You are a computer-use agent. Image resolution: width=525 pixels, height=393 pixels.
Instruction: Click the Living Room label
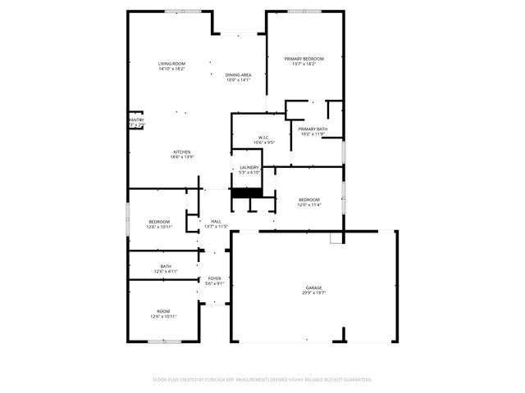coord(171,64)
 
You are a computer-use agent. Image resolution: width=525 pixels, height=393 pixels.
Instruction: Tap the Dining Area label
coord(238,75)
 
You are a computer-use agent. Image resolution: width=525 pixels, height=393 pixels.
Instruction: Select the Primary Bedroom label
coord(304,59)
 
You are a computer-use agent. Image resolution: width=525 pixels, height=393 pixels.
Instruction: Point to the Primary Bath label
coord(313,129)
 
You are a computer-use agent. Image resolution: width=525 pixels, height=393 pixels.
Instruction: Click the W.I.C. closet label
coord(264,138)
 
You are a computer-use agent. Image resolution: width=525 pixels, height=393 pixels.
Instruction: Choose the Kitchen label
coord(182,152)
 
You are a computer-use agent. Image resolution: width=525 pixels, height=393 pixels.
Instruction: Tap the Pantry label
coord(136,120)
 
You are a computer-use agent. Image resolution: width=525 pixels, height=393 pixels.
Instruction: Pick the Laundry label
coord(249,167)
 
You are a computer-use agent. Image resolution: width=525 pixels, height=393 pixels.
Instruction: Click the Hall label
coord(216,221)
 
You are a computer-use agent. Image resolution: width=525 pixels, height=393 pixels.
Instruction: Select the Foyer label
coord(214,278)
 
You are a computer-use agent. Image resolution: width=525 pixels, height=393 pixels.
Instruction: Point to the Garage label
coord(313,287)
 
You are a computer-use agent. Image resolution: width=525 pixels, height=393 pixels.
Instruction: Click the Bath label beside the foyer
coord(166,266)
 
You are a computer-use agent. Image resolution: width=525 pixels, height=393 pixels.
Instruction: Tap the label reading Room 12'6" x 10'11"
coord(164,311)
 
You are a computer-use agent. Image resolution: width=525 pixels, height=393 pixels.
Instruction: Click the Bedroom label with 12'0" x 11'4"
coord(308,200)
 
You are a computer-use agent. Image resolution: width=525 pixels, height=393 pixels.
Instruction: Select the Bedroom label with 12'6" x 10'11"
coord(159,222)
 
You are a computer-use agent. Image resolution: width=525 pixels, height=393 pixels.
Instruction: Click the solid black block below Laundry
coord(245,193)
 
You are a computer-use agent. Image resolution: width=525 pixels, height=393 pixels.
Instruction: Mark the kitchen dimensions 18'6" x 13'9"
coord(182,157)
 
